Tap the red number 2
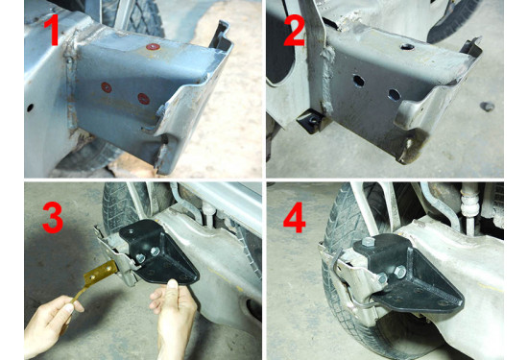pyautogui.click(x=295, y=30)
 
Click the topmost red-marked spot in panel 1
pyautogui.click(x=154, y=47)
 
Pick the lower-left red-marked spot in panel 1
pyautogui.click(x=107, y=87)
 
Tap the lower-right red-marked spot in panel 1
pyautogui.click(x=144, y=98)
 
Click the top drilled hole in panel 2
pyautogui.click(x=407, y=46)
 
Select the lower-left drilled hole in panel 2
pyautogui.click(x=359, y=81)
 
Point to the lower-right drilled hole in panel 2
pyautogui.click(x=395, y=95)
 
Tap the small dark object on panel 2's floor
pyautogui.click(x=488, y=107)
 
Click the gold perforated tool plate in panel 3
pyautogui.click(x=100, y=274)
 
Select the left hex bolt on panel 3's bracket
pyautogui.click(x=140, y=258)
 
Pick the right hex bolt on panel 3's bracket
pyautogui.click(x=156, y=252)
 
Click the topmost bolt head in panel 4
pyautogui.click(x=368, y=242)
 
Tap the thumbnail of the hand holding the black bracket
pyautogui.click(x=173, y=284)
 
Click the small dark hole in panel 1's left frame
pyautogui.click(x=30, y=108)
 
